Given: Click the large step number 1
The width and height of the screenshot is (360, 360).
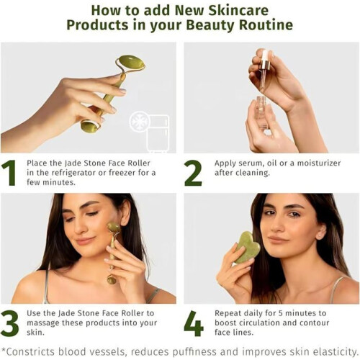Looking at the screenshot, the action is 9,173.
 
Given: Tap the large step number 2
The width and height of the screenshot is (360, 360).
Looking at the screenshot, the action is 193,173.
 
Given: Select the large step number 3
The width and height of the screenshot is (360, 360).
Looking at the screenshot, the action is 9,323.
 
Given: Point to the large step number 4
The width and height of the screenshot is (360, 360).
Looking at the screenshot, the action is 194,323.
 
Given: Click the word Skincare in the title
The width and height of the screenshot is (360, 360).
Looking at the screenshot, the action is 238,10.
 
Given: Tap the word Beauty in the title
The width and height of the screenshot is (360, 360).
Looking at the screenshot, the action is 211,25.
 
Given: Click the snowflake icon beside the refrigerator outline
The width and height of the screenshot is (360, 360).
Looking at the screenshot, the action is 140,122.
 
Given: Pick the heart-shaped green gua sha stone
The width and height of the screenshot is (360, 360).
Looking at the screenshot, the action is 247,247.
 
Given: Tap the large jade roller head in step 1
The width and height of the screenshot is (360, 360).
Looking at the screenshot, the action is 132,62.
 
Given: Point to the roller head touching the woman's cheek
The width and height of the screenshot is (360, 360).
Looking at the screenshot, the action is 113,226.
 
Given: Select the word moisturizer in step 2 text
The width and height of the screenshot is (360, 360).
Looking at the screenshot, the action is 319,163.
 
